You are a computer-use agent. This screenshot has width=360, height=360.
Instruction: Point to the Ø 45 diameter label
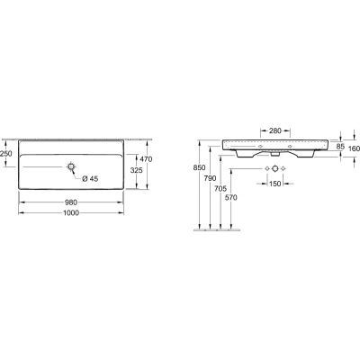click(x=88, y=180)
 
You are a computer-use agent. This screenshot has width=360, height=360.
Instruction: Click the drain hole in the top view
click(x=71, y=167)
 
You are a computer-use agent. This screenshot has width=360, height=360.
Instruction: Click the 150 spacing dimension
click(x=274, y=184)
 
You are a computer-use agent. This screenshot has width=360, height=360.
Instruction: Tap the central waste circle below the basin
click(x=275, y=170)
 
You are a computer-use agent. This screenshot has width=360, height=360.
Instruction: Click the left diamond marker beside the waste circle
click(x=266, y=170)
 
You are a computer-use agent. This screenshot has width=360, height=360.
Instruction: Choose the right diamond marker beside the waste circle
click(x=284, y=170)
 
